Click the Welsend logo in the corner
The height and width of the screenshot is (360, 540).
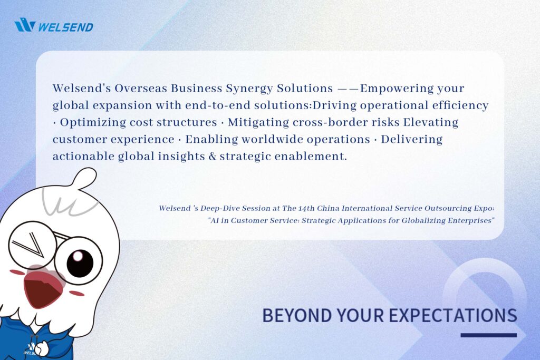(x=54, y=25)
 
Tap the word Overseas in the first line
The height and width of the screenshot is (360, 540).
(x=141, y=88)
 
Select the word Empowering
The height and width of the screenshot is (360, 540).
(x=397, y=89)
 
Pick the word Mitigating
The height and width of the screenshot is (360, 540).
(x=258, y=123)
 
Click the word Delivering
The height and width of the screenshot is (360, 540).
(x=411, y=140)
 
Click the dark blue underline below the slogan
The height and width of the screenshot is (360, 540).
(x=489, y=335)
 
